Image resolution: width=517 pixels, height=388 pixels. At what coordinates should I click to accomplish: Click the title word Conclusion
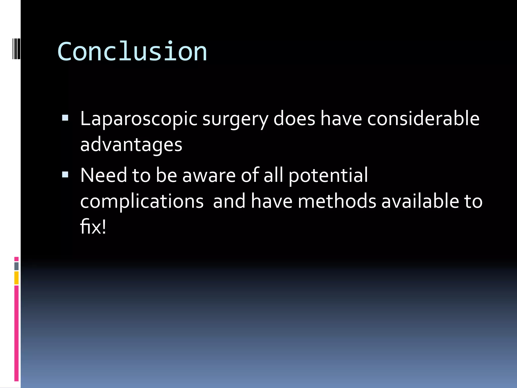(x=132, y=52)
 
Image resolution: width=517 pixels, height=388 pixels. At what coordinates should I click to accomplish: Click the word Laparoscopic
(x=139, y=119)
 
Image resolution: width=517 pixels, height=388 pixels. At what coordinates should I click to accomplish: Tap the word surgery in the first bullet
(x=235, y=119)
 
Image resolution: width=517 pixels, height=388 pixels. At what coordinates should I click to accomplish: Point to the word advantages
(x=131, y=145)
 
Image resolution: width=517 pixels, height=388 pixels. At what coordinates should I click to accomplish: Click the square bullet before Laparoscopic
(x=65, y=118)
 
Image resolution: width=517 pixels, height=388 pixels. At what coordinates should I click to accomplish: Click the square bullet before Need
(x=65, y=175)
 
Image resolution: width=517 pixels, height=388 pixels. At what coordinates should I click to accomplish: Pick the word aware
(x=209, y=175)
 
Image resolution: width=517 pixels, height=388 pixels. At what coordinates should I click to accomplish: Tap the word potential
(x=328, y=175)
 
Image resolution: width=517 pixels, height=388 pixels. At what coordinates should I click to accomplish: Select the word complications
(x=142, y=201)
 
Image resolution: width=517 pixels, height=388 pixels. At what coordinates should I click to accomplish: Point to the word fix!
(x=93, y=227)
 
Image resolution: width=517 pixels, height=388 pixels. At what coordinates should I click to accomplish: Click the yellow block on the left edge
(x=16, y=278)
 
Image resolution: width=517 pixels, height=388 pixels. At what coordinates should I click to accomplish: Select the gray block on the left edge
(x=16, y=266)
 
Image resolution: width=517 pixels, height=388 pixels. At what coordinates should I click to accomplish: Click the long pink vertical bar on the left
(x=16, y=333)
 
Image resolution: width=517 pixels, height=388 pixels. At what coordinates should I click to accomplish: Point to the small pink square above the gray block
(x=16, y=259)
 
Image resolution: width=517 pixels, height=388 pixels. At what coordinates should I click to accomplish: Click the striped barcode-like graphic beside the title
(x=16, y=48)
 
